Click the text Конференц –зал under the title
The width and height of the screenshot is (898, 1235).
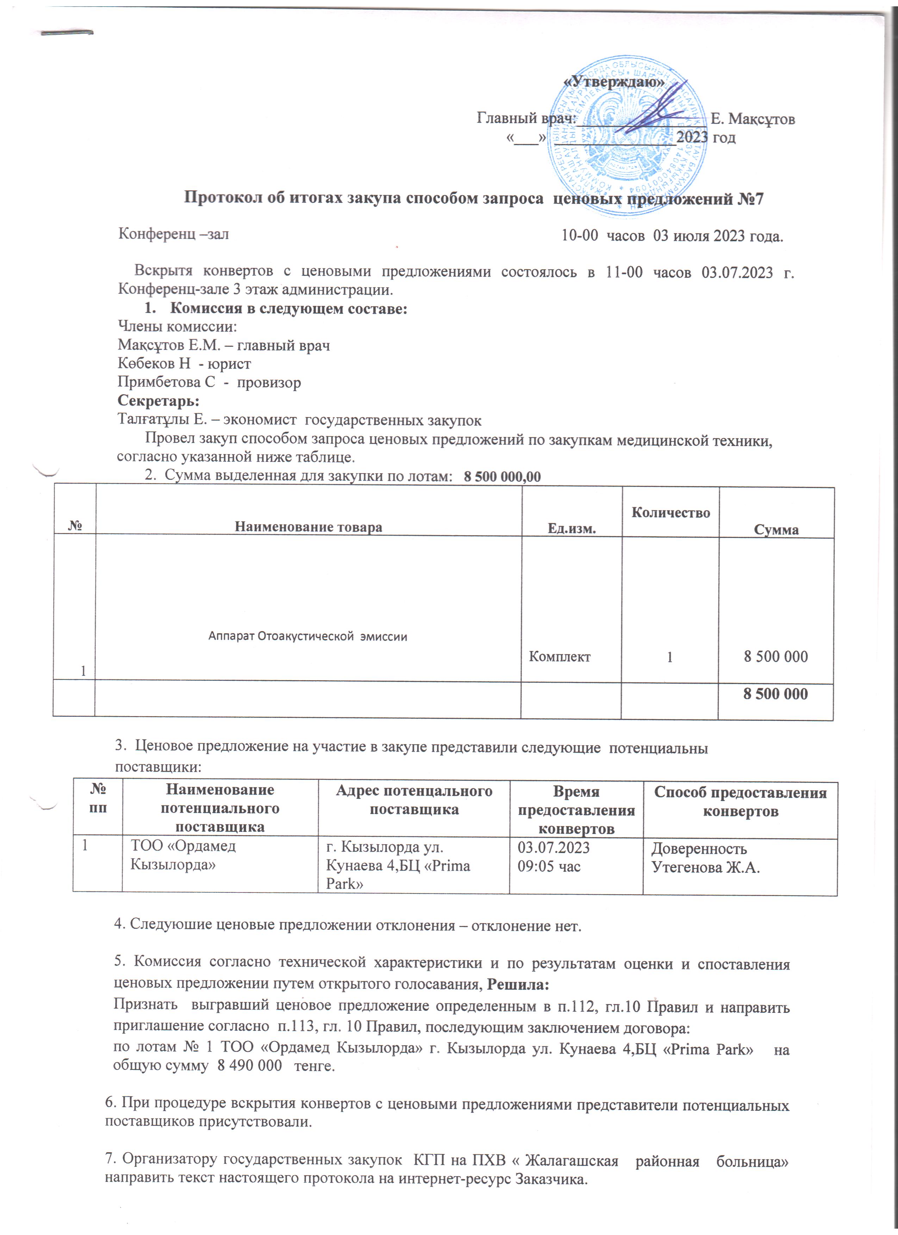[174, 235]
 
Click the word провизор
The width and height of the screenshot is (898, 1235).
[269, 382]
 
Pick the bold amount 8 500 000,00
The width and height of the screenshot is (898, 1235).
[502, 477]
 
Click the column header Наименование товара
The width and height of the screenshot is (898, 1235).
[308, 527]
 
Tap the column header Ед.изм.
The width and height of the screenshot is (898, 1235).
[571, 528]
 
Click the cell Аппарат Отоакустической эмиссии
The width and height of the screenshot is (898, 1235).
[308, 636]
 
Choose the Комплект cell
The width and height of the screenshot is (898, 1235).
[560, 657]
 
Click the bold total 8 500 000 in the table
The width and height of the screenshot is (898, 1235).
[775, 694]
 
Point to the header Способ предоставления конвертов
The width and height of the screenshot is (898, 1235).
[740, 802]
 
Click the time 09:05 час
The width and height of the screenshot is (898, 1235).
[549, 866]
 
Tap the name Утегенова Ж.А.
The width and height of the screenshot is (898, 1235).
[706, 867]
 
